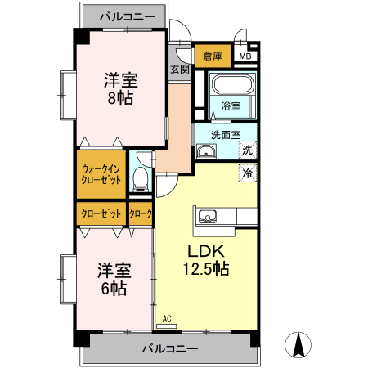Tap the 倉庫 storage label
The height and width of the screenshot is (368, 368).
(213, 56)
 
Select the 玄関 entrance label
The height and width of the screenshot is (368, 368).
(179, 70)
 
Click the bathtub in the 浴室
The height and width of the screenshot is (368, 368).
(233, 84)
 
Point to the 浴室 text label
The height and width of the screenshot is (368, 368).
(231, 106)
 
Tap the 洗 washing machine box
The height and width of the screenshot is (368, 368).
(247, 150)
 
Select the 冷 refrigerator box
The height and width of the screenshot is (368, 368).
(247, 173)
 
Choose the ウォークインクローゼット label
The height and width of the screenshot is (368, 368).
(101, 173)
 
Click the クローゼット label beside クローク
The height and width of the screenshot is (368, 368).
(101, 213)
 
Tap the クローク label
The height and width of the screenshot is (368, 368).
(141, 213)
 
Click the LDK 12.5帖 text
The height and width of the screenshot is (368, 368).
(204, 258)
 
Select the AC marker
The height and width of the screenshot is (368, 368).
(167, 320)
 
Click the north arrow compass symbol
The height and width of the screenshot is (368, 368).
(300, 346)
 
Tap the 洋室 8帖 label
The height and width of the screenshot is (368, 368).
(120, 88)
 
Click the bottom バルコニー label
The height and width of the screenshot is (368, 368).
(169, 348)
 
